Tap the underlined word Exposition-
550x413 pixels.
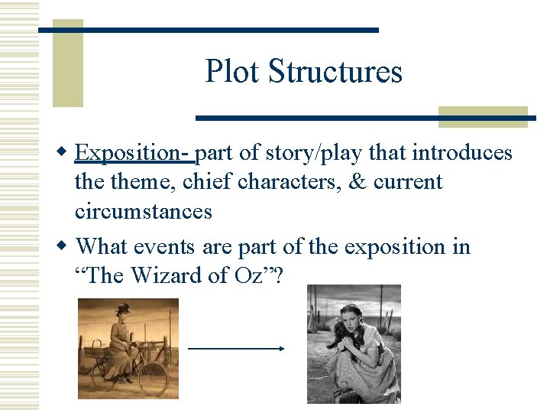tap(136, 154)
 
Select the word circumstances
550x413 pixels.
tap(143, 211)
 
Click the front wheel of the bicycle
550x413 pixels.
tap(153, 378)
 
